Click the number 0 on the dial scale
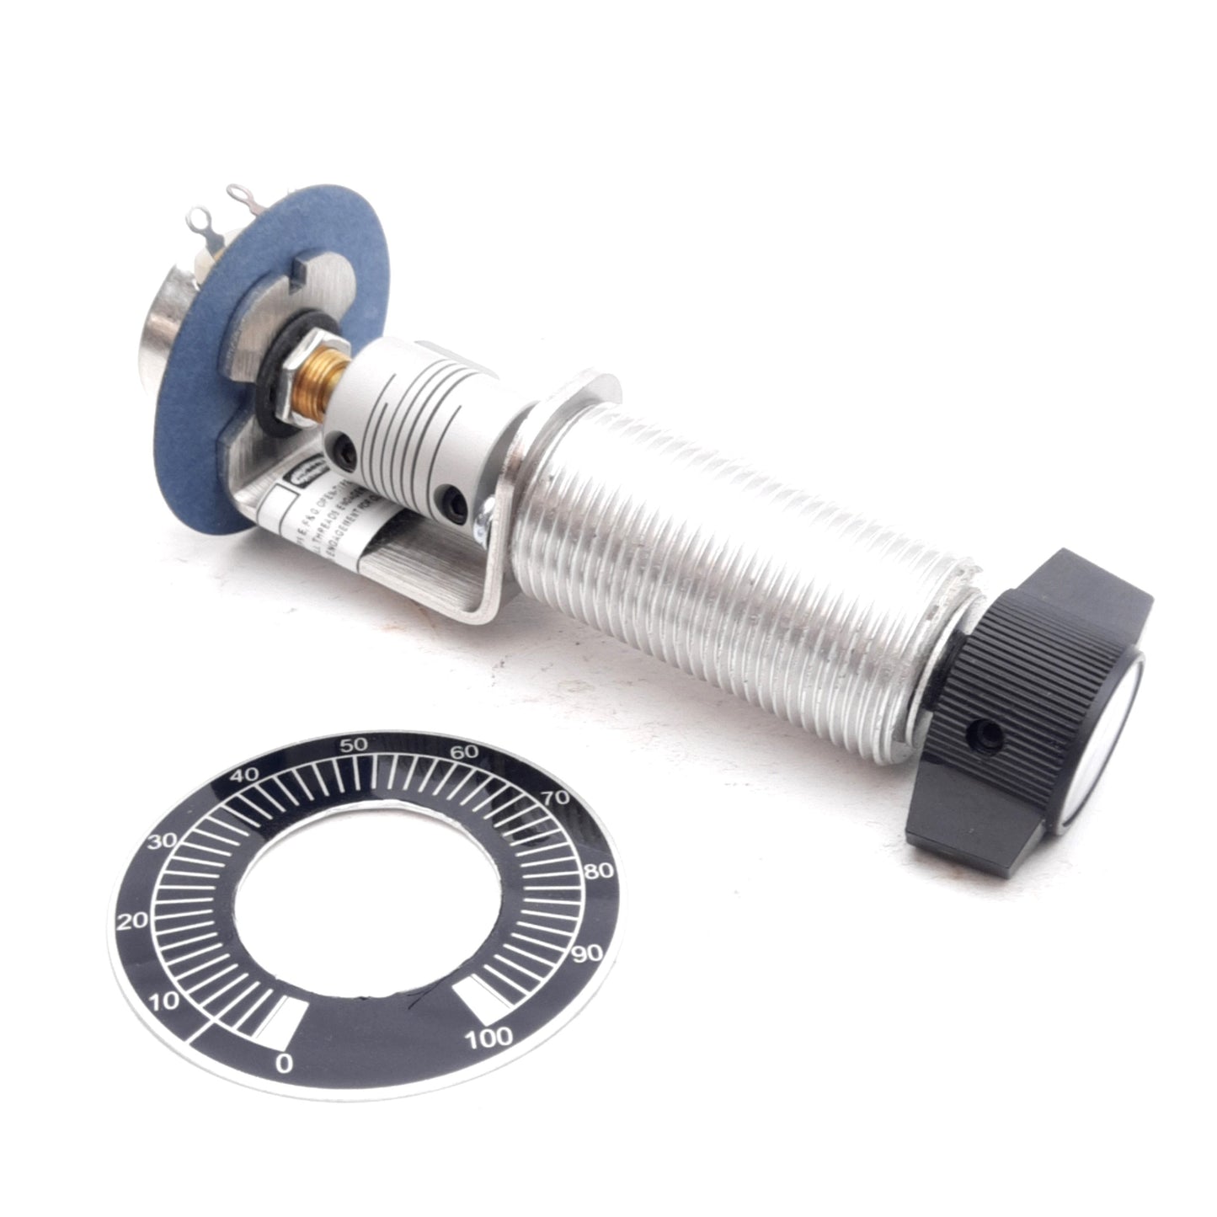coord(284,1064)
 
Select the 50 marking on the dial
coord(353,745)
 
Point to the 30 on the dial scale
coord(162,841)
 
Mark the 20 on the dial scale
coord(133,921)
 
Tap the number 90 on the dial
coord(586,953)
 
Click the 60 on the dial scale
coord(464,752)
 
